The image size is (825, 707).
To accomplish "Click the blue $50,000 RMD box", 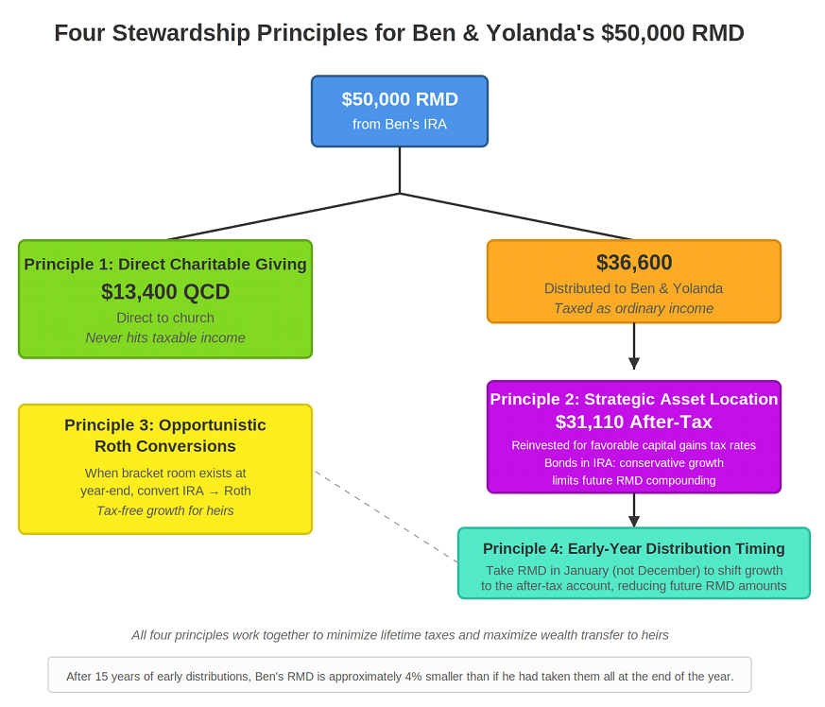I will (400, 112).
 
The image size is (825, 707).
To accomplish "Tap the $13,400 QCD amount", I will (165, 292).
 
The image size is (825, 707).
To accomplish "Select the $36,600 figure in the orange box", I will (633, 264).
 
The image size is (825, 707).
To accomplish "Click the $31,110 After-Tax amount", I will (633, 422).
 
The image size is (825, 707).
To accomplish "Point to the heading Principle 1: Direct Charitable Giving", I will (165, 265).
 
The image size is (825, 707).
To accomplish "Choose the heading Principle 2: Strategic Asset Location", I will (633, 400).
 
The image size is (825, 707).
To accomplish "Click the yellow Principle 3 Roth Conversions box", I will (165, 469).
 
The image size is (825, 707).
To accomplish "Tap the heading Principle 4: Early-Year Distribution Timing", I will (633, 548).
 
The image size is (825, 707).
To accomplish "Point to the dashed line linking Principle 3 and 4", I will (385, 516).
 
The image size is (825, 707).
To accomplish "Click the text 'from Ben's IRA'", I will (400, 124).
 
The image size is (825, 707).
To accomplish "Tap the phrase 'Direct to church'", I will (165, 318).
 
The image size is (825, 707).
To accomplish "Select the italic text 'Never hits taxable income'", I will (165, 337).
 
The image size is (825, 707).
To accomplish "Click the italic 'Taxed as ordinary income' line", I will (633, 308).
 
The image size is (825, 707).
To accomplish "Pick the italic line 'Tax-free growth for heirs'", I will (165, 510).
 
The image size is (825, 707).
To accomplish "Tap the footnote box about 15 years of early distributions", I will (400, 676).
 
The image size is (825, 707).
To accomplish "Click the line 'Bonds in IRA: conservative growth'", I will (633, 463).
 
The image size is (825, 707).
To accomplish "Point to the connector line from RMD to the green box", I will (284, 216).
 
